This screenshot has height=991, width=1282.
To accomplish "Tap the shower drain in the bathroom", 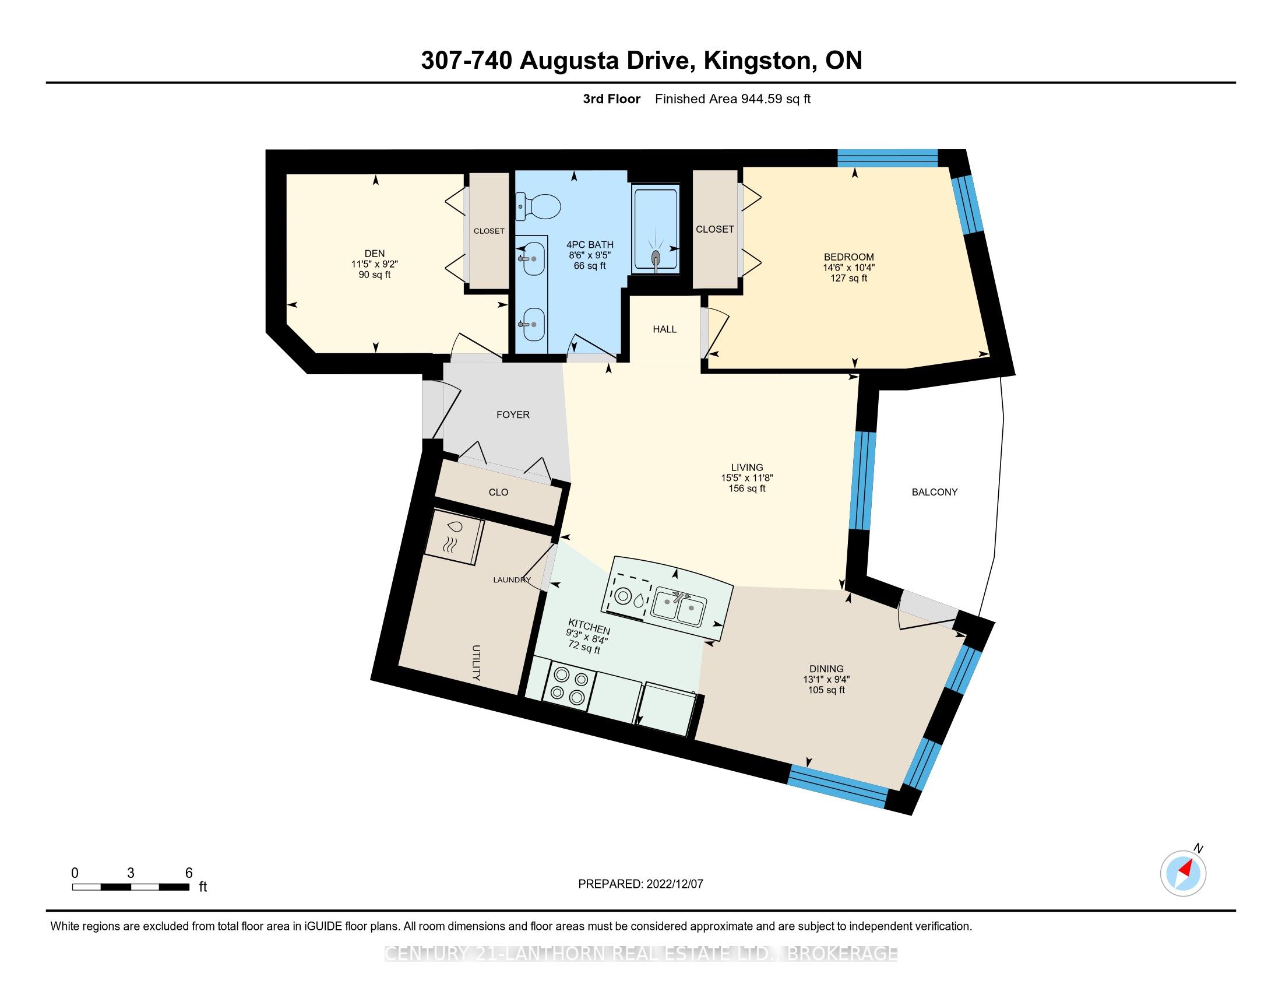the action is tap(655, 257).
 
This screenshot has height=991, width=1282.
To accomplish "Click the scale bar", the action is tap(131, 887).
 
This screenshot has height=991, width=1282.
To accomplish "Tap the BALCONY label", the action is tap(935, 492).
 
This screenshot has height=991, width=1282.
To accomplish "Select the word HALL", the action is tap(664, 329).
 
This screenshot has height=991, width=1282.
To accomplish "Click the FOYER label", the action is tap(513, 414).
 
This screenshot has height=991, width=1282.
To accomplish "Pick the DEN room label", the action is tap(375, 254).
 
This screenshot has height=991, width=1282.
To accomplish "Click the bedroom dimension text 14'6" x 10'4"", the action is tap(849, 267).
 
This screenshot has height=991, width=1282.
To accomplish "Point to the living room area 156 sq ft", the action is tap(747, 489).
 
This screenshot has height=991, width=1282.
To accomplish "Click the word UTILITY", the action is tap(476, 663).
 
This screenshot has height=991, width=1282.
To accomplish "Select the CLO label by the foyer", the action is tap(498, 492).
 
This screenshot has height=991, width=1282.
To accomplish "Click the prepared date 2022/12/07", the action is tap(674, 884).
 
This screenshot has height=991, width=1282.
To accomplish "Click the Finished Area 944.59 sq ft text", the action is tap(732, 99).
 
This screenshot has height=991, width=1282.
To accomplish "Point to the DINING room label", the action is tap(826, 669).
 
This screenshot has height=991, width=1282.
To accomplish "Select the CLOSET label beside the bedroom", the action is tap(715, 229).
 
